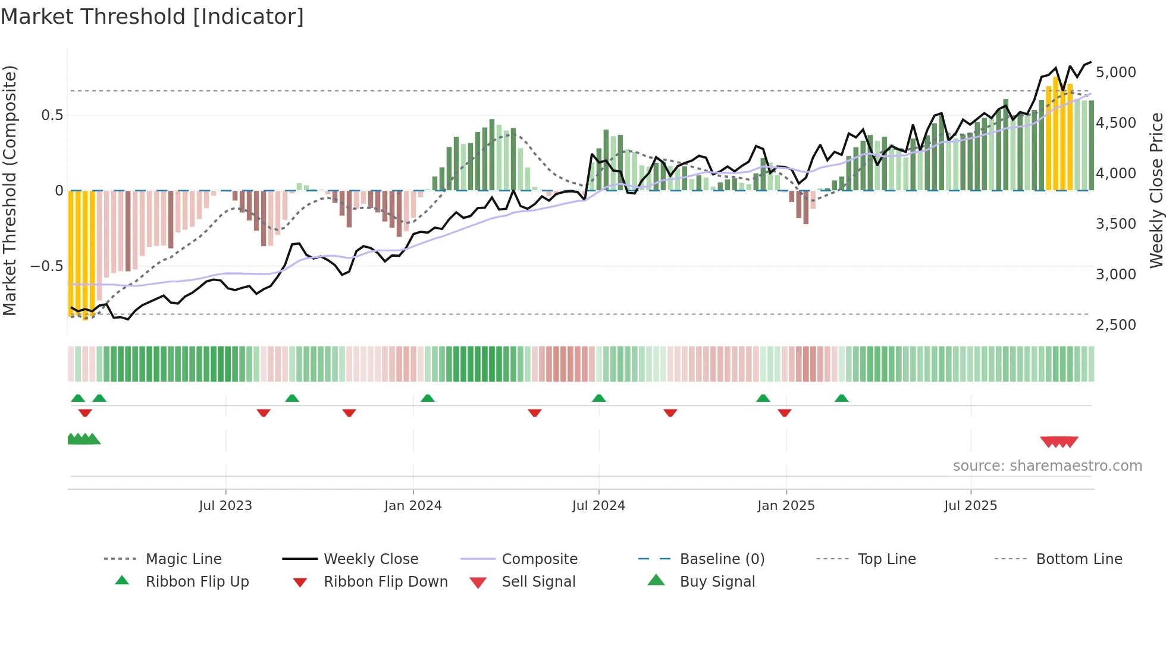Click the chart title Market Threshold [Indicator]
click(x=152, y=17)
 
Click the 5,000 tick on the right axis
click(x=1115, y=73)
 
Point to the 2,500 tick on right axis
click(x=1115, y=325)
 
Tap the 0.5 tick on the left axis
click(x=52, y=115)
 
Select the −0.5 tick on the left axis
click(x=46, y=266)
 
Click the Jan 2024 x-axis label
click(x=413, y=506)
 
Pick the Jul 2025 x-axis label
click(x=970, y=506)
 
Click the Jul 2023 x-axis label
click(x=225, y=506)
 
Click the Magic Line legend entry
click(x=183, y=559)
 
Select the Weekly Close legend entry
click(x=371, y=559)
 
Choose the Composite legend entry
click(x=540, y=559)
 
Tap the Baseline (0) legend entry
click(x=722, y=559)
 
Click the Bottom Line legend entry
click(x=1079, y=559)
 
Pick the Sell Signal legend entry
click(x=538, y=582)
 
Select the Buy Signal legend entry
click(x=717, y=582)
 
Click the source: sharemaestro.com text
click(x=1047, y=466)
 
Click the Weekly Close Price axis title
click(x=1156, y=190)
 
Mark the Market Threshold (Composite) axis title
click(x=10, y=190)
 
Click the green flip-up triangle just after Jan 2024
click(x=428, y=398)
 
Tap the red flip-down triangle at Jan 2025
click(x=785, y=412)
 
